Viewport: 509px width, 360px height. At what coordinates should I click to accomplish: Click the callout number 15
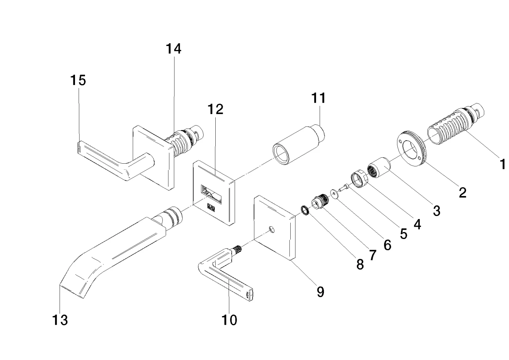(78, 80)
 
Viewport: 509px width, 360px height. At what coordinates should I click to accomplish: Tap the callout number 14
(174, 49)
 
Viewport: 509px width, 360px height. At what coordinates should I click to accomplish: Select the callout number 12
(215, 109)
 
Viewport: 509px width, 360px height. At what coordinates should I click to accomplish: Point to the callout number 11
(318, 98)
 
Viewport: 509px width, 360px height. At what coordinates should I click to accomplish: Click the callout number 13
(60, 320)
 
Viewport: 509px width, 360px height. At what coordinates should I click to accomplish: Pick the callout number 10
(229, 320)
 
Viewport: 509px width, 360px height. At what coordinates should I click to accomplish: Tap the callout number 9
(320, 292)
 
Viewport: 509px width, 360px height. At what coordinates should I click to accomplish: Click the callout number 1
(502, 164)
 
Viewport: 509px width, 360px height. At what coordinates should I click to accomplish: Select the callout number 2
(462, 192)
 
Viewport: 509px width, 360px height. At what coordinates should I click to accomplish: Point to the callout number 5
(403, 234)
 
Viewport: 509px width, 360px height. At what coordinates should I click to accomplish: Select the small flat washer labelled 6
(334, 194)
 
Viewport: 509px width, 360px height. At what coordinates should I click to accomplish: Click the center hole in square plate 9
(272, 229)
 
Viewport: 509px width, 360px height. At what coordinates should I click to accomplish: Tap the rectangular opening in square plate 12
(211, 194)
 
